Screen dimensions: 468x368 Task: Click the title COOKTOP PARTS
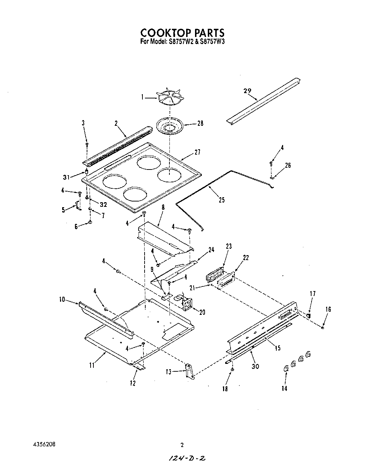[183, 32]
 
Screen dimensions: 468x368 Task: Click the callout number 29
[247, 91]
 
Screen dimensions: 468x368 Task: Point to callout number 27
[197, 152]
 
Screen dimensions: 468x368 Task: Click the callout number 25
[222, 200]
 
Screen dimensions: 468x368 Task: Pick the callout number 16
[328, 309]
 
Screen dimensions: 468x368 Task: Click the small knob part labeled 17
[308, 315]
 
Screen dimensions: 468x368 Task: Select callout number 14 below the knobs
[284, 389]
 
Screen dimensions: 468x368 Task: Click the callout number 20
[202, 313]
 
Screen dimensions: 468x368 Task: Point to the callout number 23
[228, 246]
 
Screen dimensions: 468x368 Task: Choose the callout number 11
[92, 365]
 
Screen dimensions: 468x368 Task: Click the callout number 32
[103, 204]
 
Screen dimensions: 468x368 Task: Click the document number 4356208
[42, 445]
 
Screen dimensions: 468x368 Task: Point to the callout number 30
[255, 366]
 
